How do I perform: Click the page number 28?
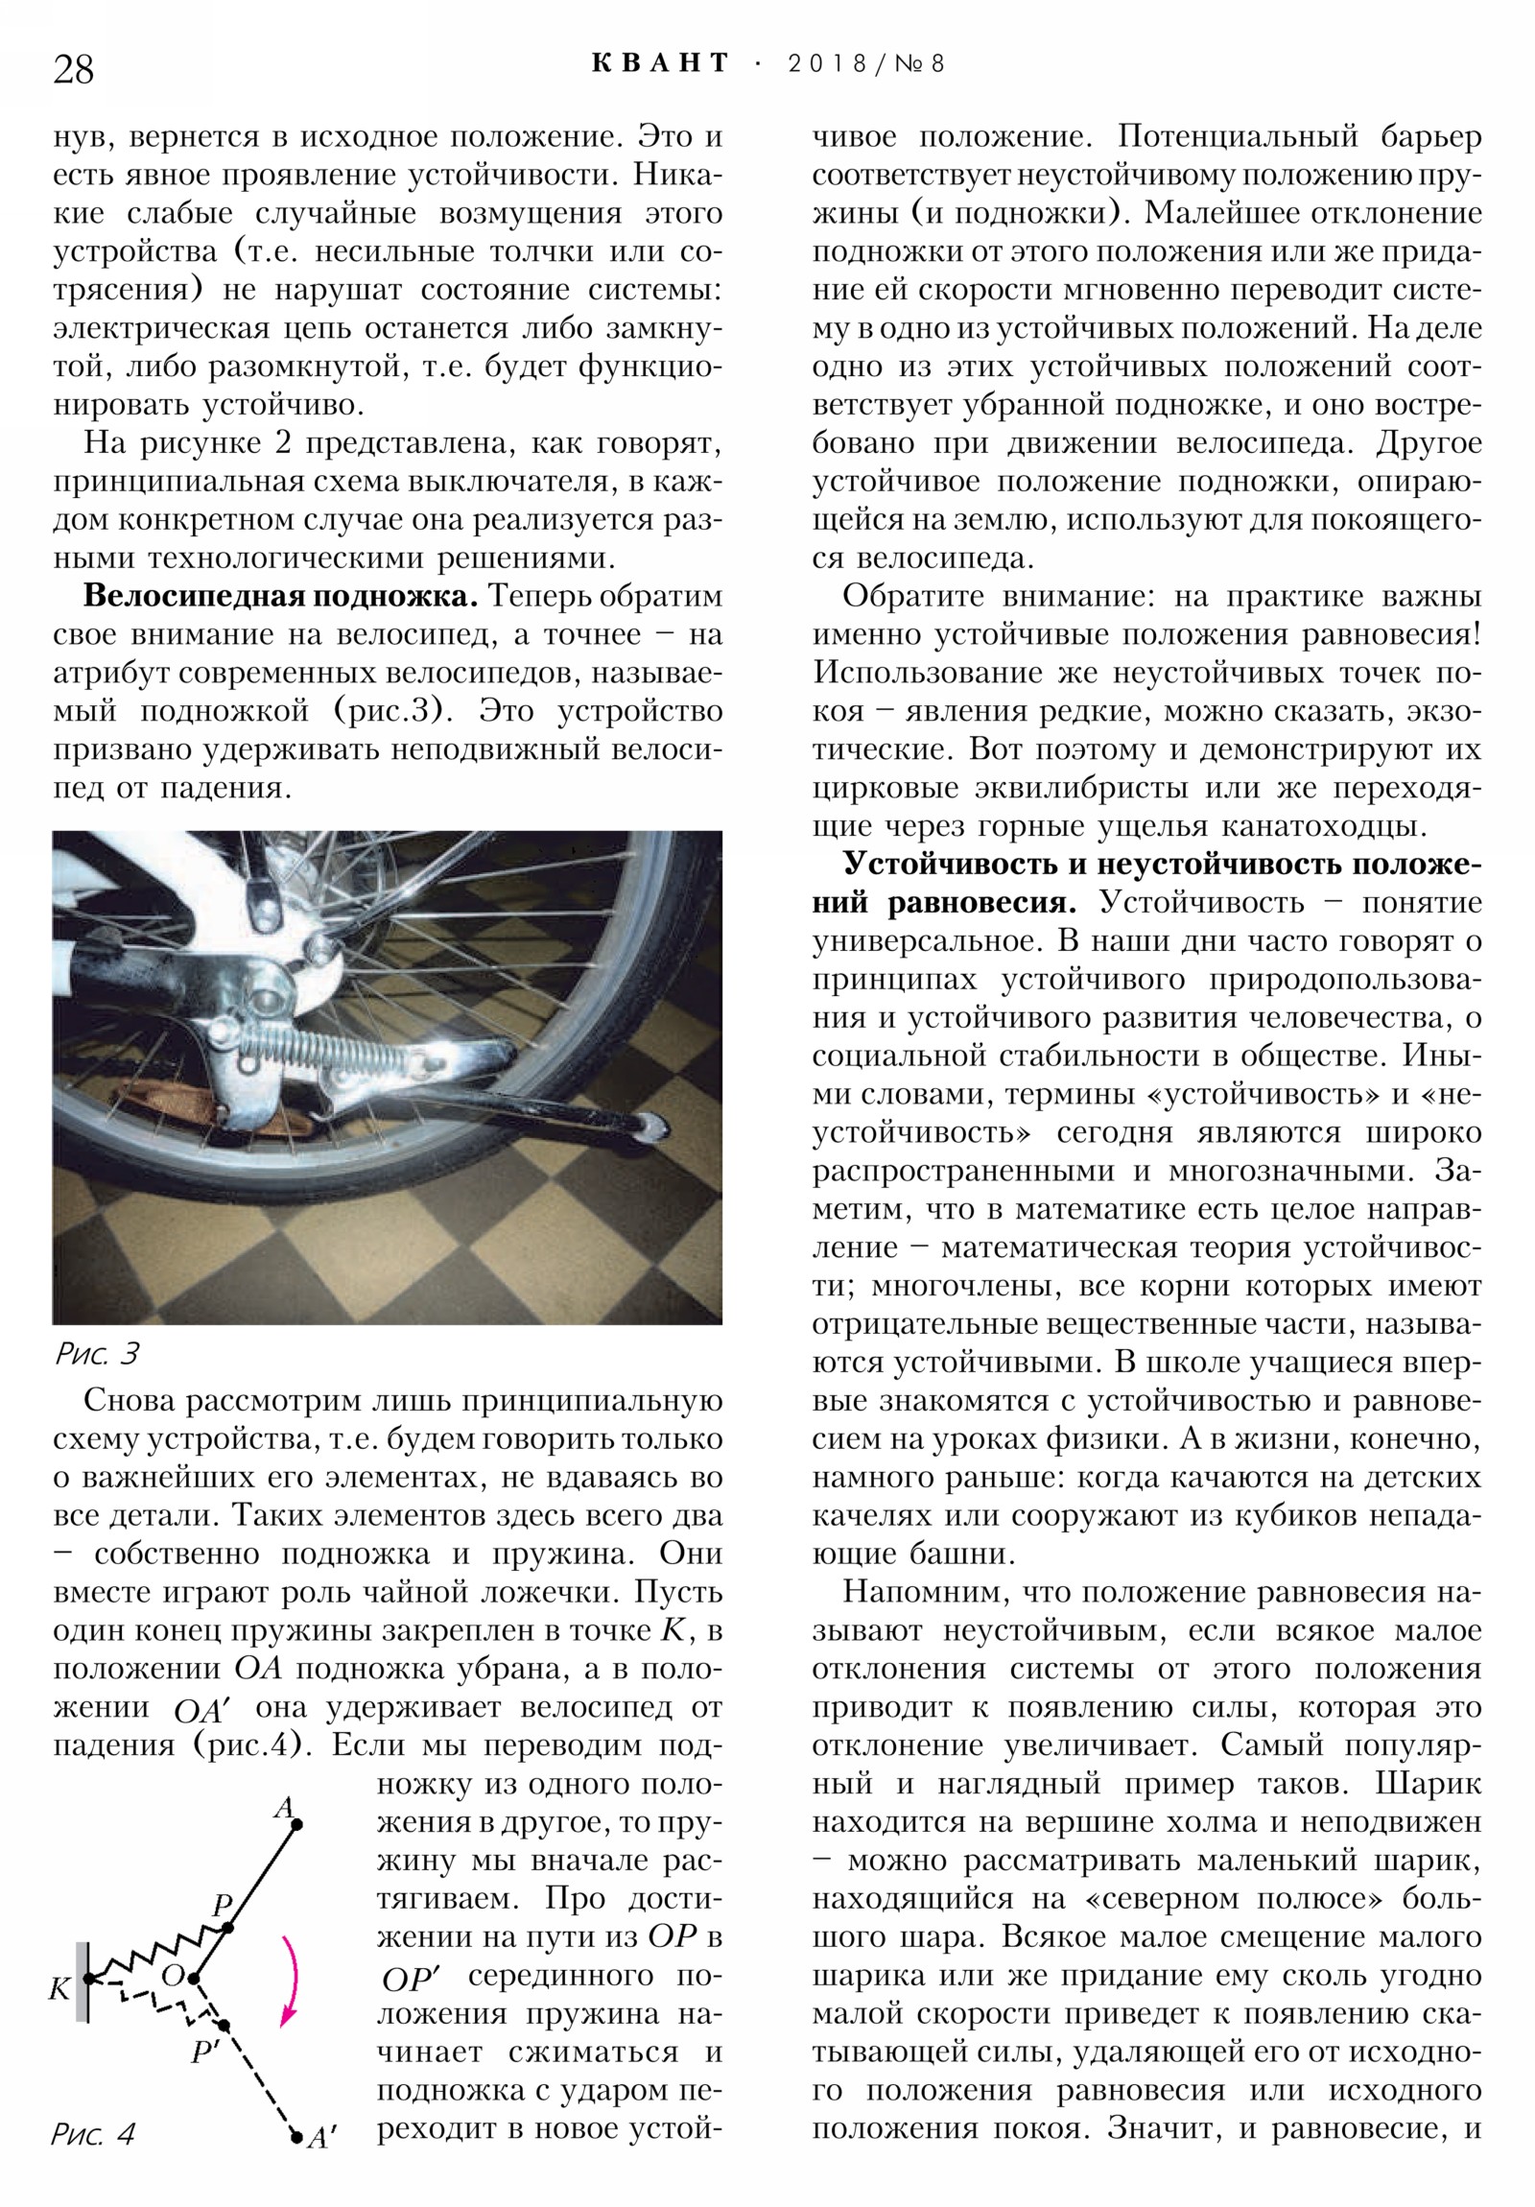[x=73, y=70]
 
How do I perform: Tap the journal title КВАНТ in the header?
[x=660, y=63]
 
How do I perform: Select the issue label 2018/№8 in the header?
[x=866, y=64]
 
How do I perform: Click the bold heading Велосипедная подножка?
[x=281, y=596]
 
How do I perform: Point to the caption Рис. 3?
[x=97, y=1354]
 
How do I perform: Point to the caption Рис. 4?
[x=93, y=2162]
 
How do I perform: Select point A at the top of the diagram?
[x=297, y=1823]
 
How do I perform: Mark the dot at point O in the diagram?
[x=193, y=1980]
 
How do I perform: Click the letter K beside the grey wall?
[x=59, y=1989]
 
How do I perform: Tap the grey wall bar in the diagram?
[x=83, y=1982]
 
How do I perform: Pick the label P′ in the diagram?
[x=205, y=2054]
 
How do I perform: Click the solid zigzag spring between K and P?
[x=153, y=1955]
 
